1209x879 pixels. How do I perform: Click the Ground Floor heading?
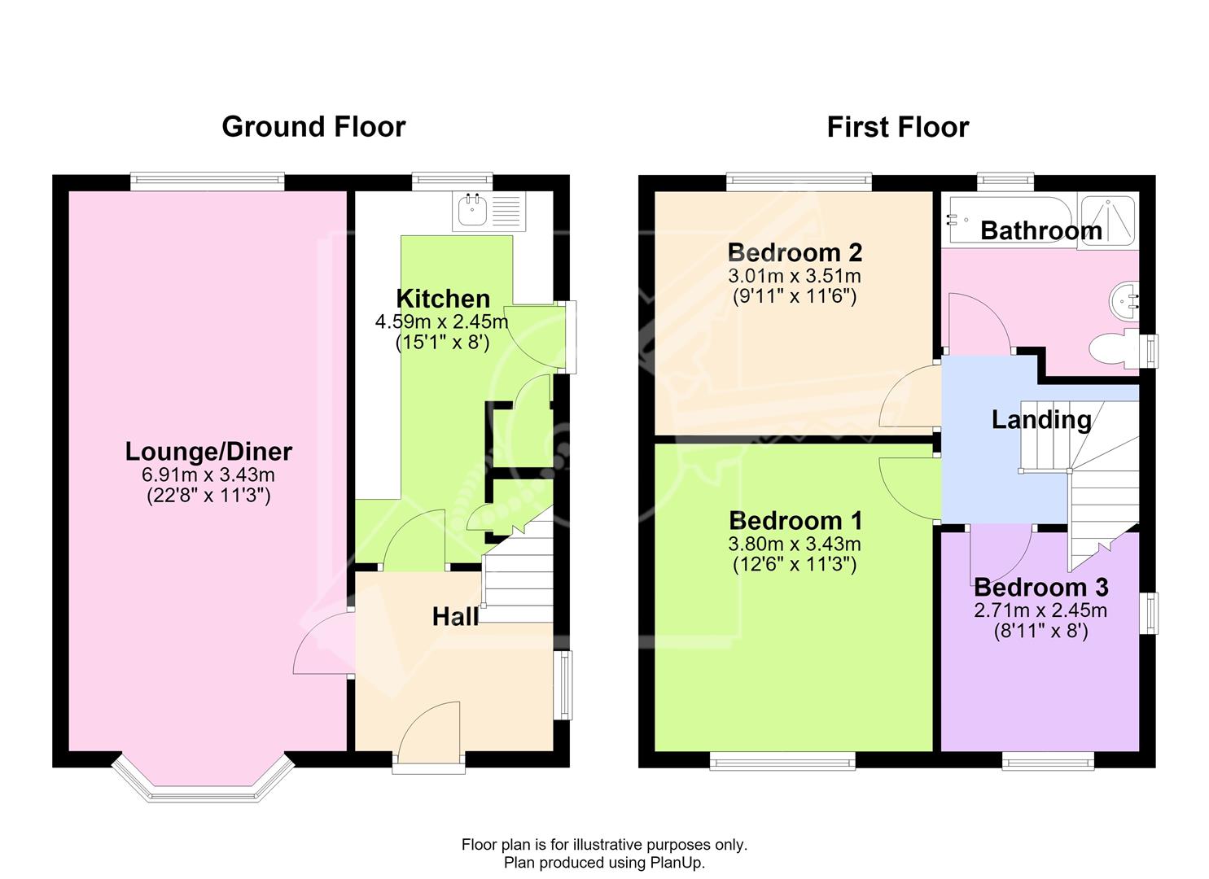(313, 127)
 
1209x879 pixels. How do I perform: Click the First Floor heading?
(897, 127)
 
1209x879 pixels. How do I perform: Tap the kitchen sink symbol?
(489, 211)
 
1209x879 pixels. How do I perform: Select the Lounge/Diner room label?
(208, 452)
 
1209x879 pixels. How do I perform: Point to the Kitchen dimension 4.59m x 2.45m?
(441, 322)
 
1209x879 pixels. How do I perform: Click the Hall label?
(456, 617)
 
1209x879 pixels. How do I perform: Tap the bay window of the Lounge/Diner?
(204, 781)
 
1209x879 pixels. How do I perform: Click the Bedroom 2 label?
(795, 252)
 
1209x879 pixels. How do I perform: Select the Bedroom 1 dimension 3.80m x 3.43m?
(795, 544)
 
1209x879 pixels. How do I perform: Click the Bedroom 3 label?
(1041, 587)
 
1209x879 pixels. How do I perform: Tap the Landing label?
(1041, 420)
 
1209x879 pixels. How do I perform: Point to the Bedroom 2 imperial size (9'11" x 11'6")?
(795, 296)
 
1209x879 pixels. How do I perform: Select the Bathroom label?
(1041, 231)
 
